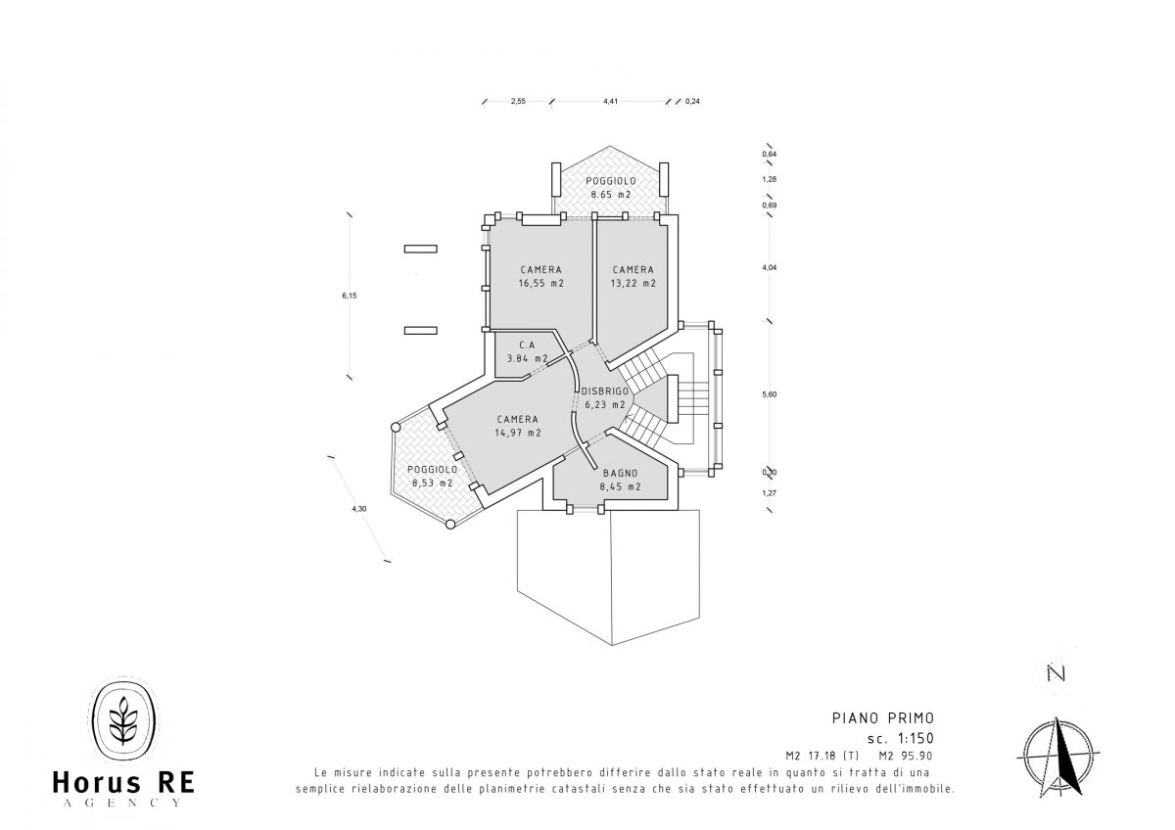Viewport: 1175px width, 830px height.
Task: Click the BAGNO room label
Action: click(x=620, y=473)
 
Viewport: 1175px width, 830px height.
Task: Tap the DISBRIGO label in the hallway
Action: click(x=605, y=392)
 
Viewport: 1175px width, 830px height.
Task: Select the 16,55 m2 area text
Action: click(x=541, y=283)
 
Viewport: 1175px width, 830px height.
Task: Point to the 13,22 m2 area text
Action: click(x=634, y=283)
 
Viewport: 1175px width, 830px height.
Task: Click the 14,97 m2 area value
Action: click(x=518, y=433)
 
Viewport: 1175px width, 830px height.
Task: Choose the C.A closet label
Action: click(x=527, y=345)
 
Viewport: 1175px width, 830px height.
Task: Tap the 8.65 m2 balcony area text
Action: click(x=611, y=194)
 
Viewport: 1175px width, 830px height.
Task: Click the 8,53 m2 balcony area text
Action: click(x=432, y=483)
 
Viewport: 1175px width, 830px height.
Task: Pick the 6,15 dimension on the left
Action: click(x=350, y=296)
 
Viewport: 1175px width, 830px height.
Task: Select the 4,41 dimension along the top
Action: click(x=610, y=101)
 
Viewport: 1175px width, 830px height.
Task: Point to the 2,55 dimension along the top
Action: click(x=518, y=101)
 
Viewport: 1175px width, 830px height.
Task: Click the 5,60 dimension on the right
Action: click(x=770, y=394)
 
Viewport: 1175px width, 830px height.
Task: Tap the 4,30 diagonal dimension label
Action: click(x=359, y=509)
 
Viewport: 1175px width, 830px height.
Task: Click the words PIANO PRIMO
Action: click(x=883, y=717)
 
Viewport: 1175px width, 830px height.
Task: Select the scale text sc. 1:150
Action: click(x=901, y=738)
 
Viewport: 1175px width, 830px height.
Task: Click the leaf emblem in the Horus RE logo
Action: click(x=123, y=720)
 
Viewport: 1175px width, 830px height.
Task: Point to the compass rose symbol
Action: click(x=1058, y=755)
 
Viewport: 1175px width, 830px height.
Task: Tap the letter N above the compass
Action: click(x=1057, y=673)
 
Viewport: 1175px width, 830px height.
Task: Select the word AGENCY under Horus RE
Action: click(x=122, y=803)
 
